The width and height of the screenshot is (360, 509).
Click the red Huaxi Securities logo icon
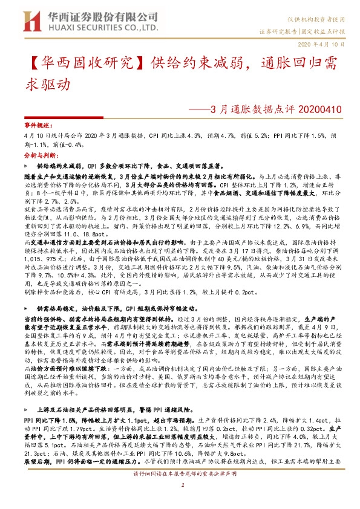pyautogui.click(x=27, y=21)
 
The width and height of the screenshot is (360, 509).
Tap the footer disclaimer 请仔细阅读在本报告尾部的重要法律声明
pyautogui.click(x=180, y=490)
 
